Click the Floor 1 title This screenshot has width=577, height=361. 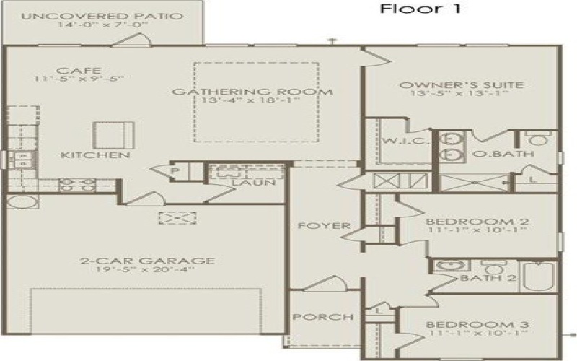(x=420, y=9)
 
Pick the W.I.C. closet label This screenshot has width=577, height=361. (x=396, y=140)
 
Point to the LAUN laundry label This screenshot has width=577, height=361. (x=252, y=183)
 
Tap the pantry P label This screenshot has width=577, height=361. (x=175, y=170)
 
